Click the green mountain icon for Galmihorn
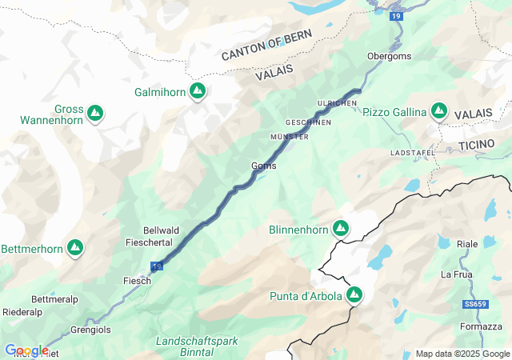(198, 91)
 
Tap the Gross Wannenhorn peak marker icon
(95, 113)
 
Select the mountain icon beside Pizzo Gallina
(439, 111)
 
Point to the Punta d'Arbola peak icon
(354, 296)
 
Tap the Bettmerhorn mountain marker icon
(76, 248)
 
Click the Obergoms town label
(389, 57)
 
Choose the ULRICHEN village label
(337, 104)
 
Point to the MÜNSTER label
(290, 138)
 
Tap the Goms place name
(264, 166)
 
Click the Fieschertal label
(150, 242)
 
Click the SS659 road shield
(474, 305)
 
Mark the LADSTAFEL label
(413, 152)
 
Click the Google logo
(26, 350)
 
